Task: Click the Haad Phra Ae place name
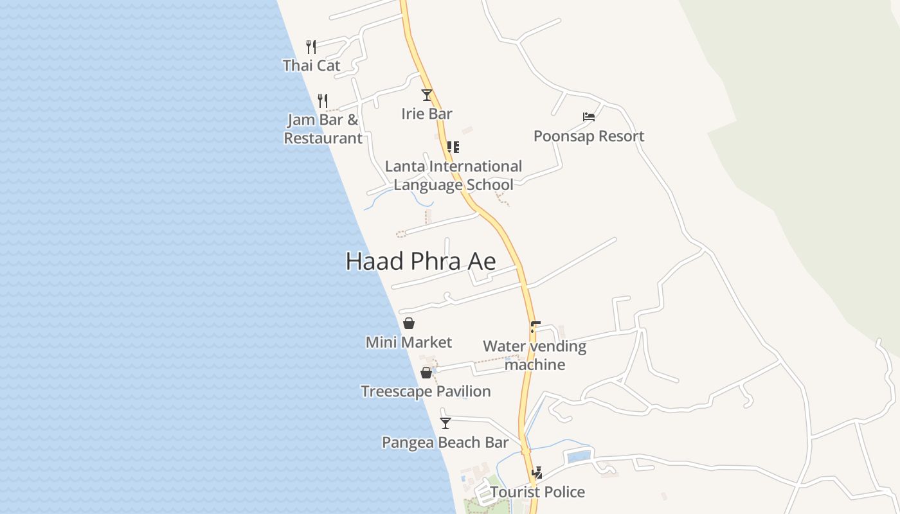(420, 261)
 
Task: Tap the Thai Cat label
(311, 65)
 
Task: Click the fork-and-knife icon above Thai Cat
(311, 46)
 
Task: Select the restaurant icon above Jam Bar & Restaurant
(323, 101)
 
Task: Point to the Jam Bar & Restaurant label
(323, 128)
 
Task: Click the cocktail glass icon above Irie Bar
(427, 95)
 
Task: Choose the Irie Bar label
(427, 114)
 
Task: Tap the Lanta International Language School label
(453, 175)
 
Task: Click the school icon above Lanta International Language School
(453, 147)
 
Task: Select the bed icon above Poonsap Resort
(589, 117)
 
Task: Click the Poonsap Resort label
(589, 136)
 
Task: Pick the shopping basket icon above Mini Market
(409, 323)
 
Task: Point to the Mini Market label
(409, 342)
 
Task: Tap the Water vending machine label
(535, 355)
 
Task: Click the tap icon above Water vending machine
(535, 326)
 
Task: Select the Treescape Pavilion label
(426, 391)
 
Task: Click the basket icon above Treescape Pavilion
(426, 373)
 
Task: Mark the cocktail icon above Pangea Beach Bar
(446, 423)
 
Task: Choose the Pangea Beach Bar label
(446, 443)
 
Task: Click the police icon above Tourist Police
(537, 473)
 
